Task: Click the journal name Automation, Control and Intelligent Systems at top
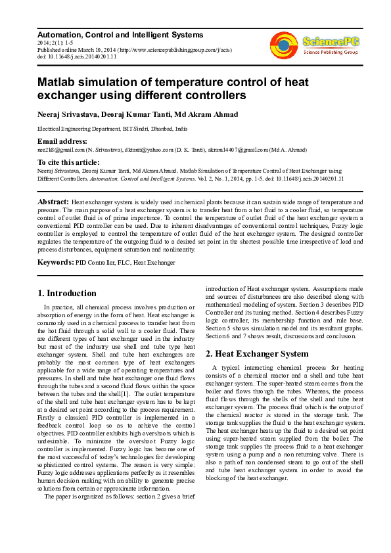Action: (x=120, y=35)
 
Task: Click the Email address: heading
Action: (x=62, y=141)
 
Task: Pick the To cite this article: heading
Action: (x=68, y=162)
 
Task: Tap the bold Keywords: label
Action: (x=56, y=262)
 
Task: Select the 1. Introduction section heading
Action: (x=67, y=294)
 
